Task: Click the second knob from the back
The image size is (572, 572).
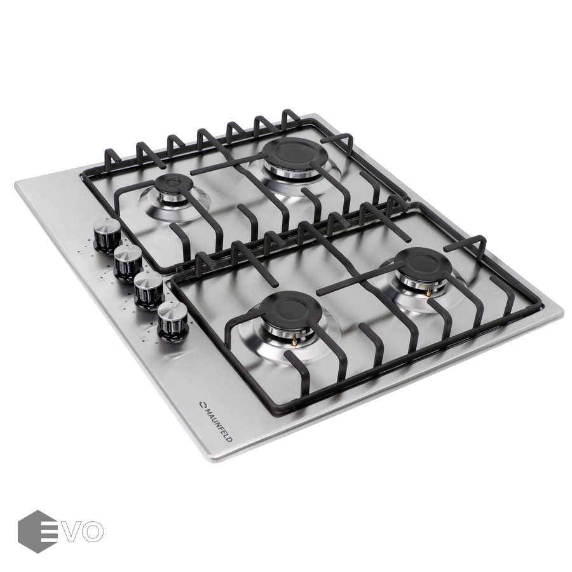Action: pyautogui.click(x=128, y=262)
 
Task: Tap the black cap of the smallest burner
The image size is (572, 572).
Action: pyautogui.click(x=170, y=183)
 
